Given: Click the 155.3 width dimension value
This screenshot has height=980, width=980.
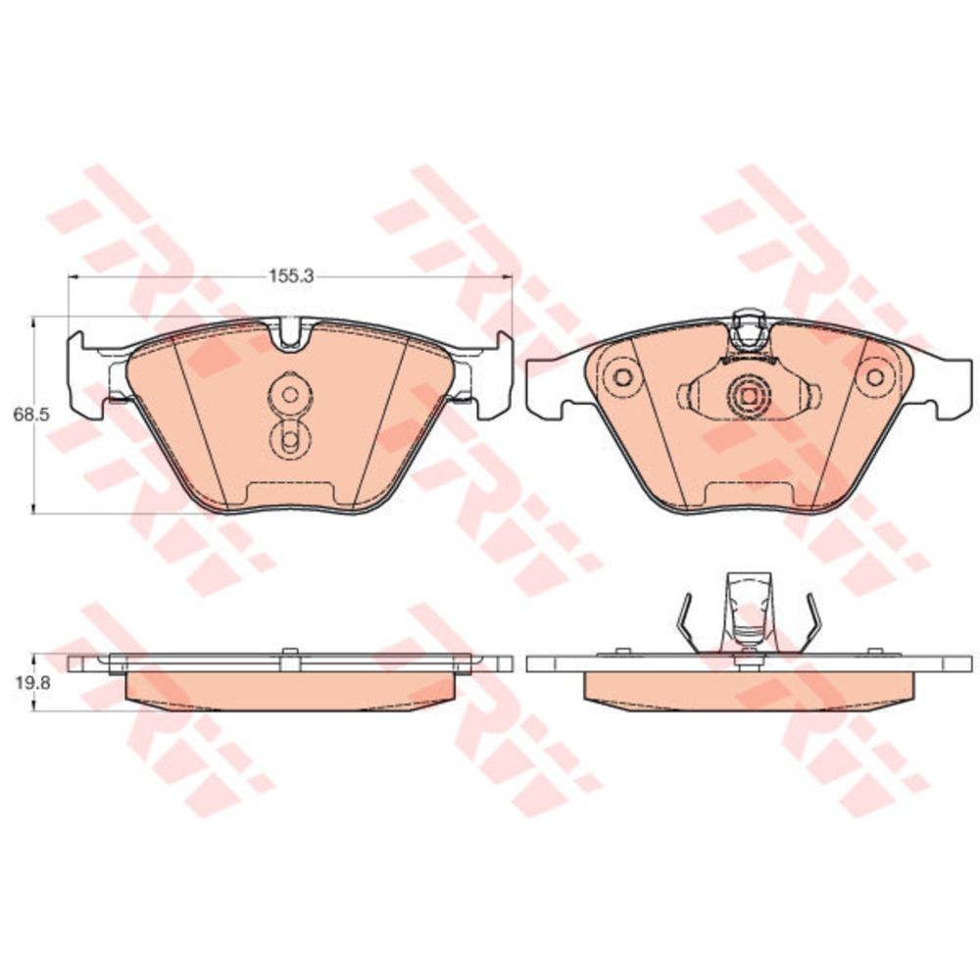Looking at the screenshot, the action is (x=291, y=275).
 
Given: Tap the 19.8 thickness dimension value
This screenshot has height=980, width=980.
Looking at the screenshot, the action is (x=28, y=682).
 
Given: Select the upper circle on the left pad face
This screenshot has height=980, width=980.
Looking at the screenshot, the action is (x=289, y=394).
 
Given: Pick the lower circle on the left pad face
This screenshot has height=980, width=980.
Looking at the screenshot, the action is (x=289, y=440).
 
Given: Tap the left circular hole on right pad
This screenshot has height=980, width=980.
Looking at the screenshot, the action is (x=623, y=377).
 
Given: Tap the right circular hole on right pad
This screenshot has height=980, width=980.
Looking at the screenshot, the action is (x=875, y=377).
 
